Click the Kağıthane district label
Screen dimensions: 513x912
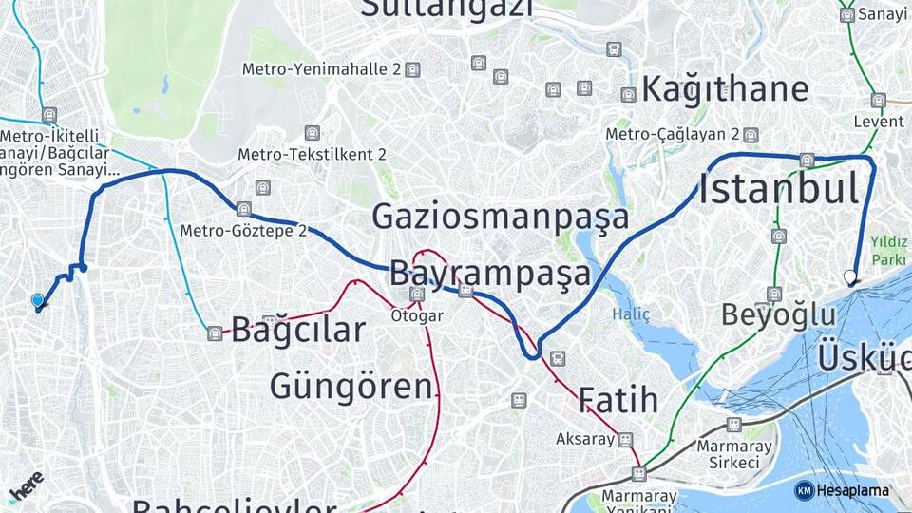pos(725,89)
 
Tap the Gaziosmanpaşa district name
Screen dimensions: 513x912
pos(500,217)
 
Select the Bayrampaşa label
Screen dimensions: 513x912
pos(489,274)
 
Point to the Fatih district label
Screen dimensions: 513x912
pos(617,399)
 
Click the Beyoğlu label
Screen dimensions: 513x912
pos(778,314)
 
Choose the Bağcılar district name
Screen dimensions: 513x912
pos(297,331)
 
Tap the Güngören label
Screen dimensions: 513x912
pos(351,387)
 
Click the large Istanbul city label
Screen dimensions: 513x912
pos(779,188)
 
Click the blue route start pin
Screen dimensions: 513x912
pos(37,300)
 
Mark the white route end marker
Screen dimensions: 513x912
pos(850,278)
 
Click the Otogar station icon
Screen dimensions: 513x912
pos(417,294)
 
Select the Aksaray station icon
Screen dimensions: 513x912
pos(624,440)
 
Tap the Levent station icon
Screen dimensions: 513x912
pos(879,100)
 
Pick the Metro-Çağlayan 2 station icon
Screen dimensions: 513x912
pos(750,135)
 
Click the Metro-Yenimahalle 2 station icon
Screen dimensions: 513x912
pos(411,69)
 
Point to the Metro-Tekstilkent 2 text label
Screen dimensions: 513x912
pos(312,154)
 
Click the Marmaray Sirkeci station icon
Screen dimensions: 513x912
pos(733,424)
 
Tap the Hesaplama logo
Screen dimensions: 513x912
pos(843,490)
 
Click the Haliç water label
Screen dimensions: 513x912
pos(632,313)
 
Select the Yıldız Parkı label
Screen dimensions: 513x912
pos(891,249)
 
